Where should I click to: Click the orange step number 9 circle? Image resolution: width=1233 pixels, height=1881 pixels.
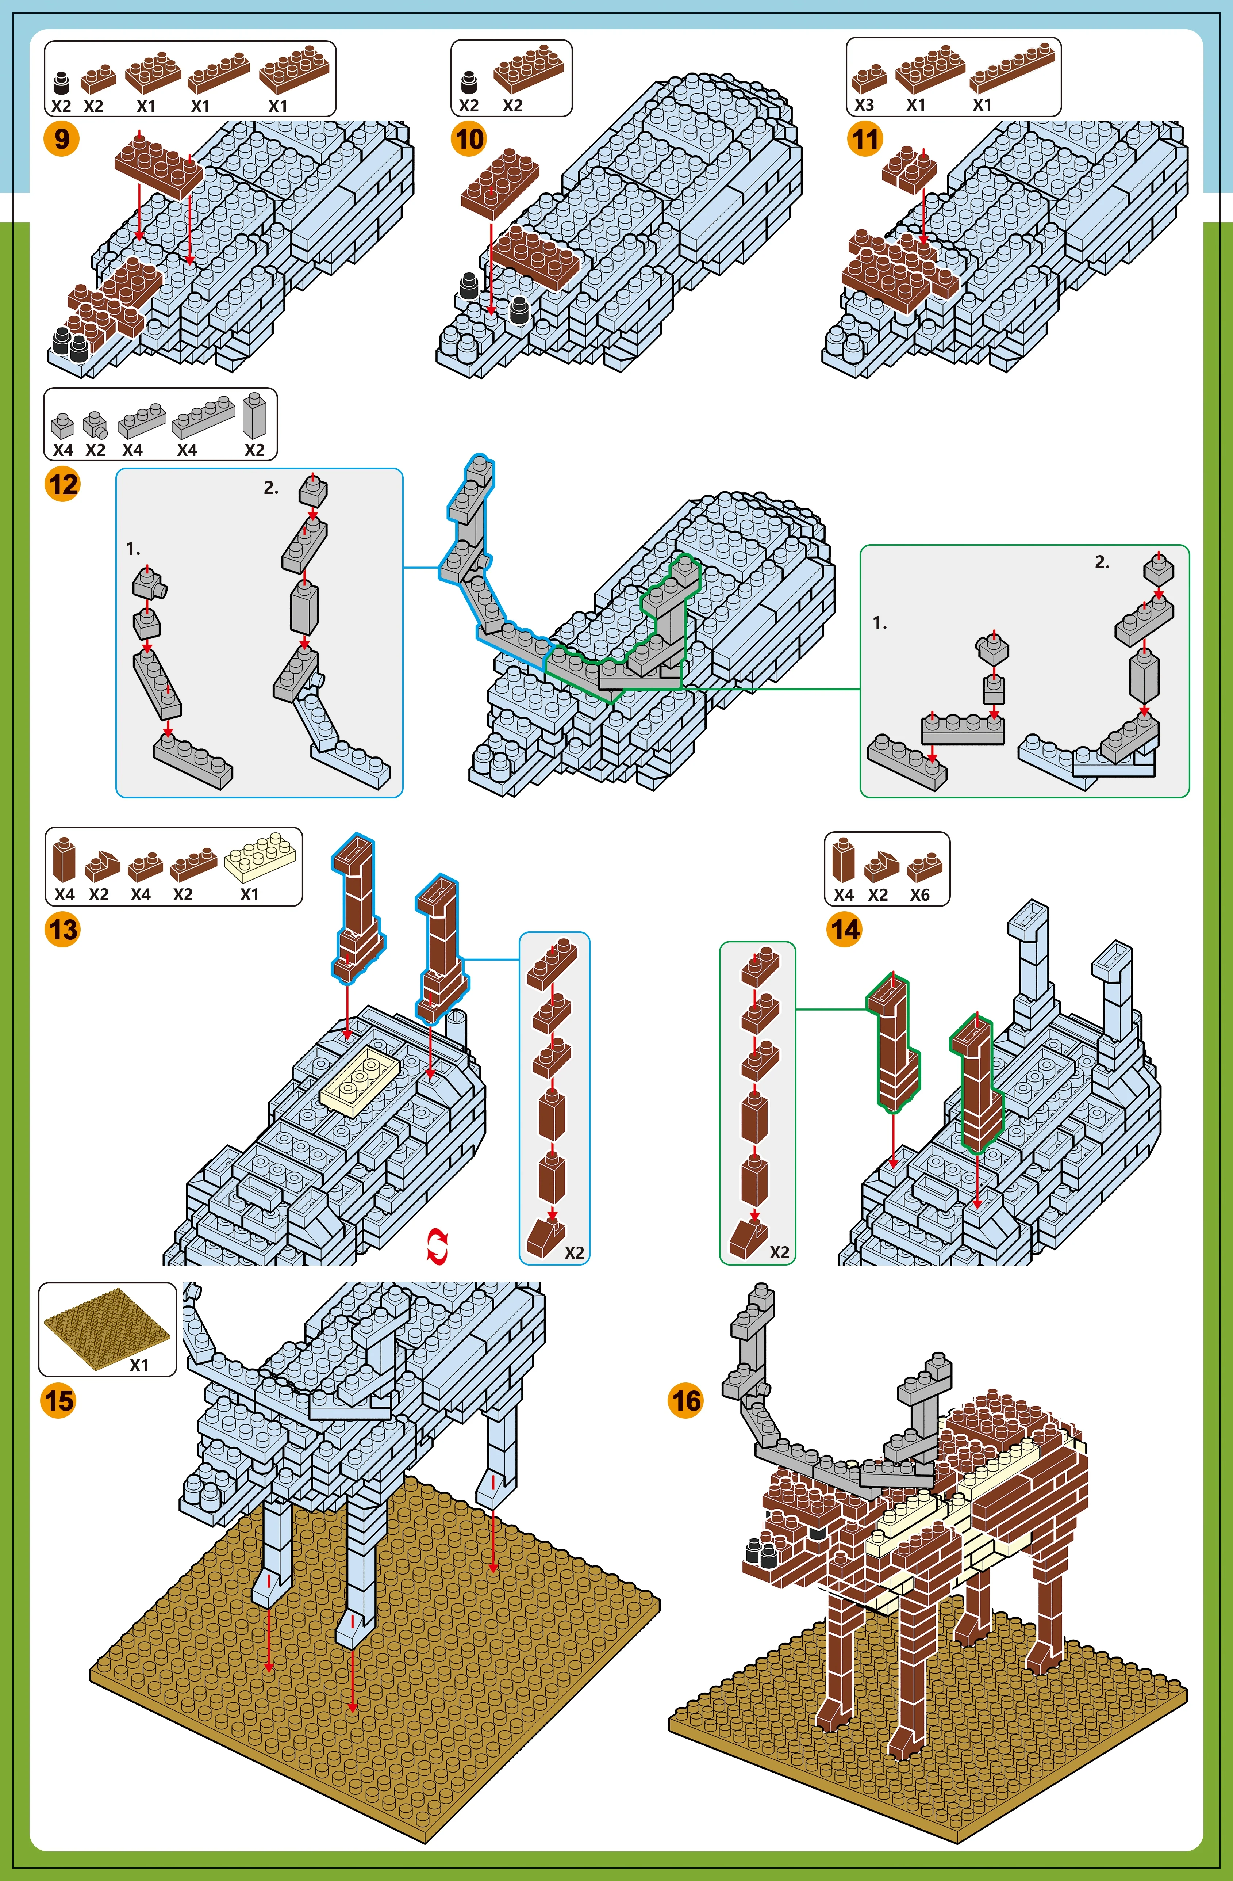coord(62,140)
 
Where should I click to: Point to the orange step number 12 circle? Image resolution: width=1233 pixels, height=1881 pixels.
coord(62,484)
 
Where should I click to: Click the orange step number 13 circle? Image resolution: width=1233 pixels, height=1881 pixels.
coord(62,930)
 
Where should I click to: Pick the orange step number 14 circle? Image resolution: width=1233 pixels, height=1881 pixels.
coord(844,930)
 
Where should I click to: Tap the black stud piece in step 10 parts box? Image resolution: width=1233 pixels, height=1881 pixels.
coord(469,81)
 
